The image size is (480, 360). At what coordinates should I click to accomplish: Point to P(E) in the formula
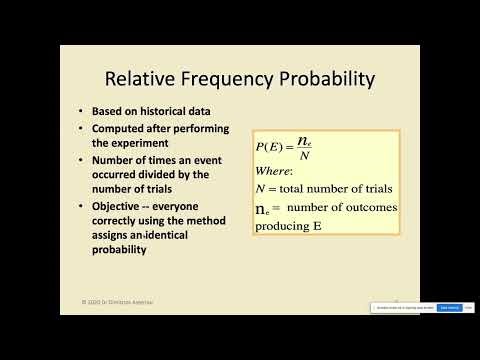[x=269, y=147]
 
